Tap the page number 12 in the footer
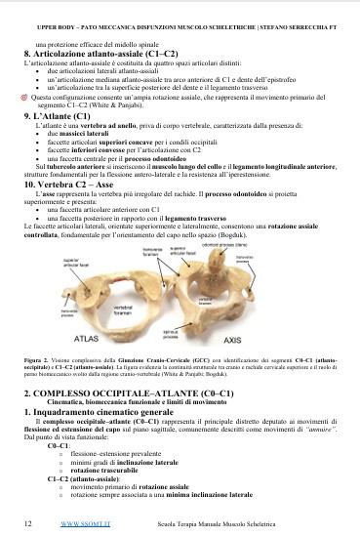coord(27,524)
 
